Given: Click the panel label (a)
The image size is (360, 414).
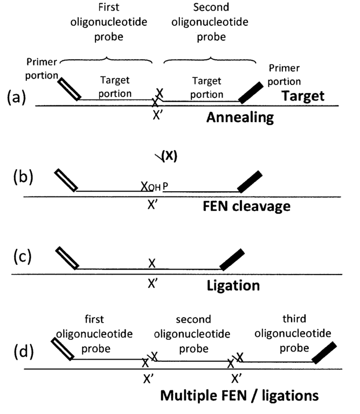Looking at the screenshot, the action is pyautogui.click(x=16, y=97).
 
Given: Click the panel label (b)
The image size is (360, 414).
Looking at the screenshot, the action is pyautogui.click(x=23, y=177).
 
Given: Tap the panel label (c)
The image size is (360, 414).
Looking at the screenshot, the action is pyautogui.click(x=23, y=256).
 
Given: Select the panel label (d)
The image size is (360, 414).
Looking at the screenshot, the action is pyautogui.click(x=24, y=352).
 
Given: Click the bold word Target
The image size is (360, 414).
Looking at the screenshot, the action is pyautogui.click(x=303, y=96).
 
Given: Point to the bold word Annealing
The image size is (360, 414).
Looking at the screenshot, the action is pyautogui.click(x=240, y=117).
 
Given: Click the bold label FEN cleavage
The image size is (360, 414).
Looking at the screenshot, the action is pyautogui.click(x=247, y=206).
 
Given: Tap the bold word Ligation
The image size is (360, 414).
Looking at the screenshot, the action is pyautogui.click(x=233, y=286).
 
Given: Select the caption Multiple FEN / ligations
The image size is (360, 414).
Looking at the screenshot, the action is pyautogui.click(x=239, y=396).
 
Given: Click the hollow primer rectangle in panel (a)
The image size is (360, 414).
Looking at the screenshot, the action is pyautogui.click(x=69, y=89).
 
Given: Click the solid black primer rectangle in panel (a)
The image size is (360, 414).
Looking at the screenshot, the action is pyautogui.click(x=251, y=93).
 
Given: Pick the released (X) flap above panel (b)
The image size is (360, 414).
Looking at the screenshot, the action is pyautogui.click(x=167, y=156).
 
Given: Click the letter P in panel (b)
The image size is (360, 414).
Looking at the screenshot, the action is pyautogui.click(x=165, y=186).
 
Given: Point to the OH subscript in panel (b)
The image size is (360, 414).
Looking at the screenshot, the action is pyautogui.click(x=154, y=187).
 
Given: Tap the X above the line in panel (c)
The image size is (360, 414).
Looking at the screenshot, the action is pyautogui.click(x=152, y=263).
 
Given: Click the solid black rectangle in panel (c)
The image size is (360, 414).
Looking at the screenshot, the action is pyautogui.click(x=232, y=259).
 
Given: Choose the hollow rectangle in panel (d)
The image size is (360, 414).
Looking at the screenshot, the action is pyautogui.click(x=63, y=349).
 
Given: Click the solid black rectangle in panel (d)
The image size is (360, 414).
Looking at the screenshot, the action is pyautogui.click(x=324, y=353).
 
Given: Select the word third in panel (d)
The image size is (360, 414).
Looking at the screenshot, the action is pyautogui.click(x=294, y=319).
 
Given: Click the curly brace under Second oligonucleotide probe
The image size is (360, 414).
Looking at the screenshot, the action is pyautogui.click(x=210, y=60).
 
